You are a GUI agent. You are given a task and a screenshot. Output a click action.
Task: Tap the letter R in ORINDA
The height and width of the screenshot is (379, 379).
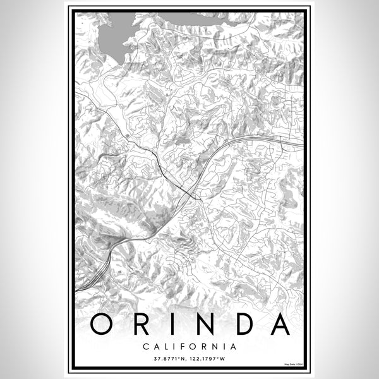140,325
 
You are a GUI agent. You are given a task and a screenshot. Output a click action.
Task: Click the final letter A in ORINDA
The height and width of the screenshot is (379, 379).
278,325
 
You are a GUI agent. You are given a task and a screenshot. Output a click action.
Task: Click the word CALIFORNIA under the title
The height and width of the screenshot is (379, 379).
189,346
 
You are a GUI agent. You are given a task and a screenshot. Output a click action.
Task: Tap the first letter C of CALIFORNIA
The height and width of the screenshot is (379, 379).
146,346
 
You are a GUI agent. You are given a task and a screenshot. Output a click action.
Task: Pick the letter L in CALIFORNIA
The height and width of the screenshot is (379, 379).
166,346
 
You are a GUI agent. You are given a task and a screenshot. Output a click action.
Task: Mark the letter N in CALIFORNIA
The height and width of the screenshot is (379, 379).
216,346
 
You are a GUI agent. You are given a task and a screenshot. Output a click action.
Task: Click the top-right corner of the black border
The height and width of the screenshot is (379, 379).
307,9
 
